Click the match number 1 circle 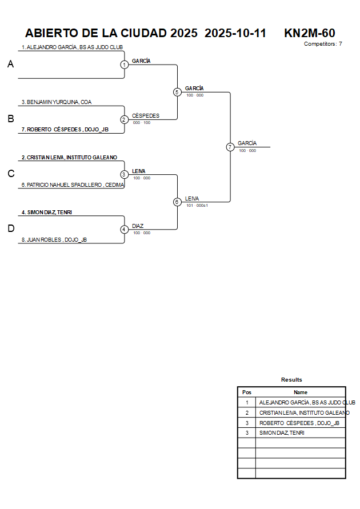click(x=125, y=65)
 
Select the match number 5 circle click(x=177, y=92)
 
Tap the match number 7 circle click(x=230, y=147)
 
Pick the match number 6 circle click(x=177, y=202)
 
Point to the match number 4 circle click(x=125, y=230)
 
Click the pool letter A click(x=10, y=65)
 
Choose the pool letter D click(x=10, y=229)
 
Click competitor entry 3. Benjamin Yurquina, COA click(x=57, y=102)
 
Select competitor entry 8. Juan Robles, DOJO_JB click(x=54, y=240)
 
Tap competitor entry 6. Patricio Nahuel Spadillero click(x=73, y=185)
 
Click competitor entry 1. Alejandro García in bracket click(x=72, y=47)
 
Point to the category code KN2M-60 click(x=309, y=33)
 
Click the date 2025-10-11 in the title click(x=235, y=33)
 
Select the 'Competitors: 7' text click(x=323, y=44)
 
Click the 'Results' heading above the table click(x=291, y=380)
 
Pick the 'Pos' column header click(x=247, y=392)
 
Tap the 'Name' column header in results click(x=301, y=392)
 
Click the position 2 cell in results click(x=247, y=413)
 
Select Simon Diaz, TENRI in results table click(x=282, y=433)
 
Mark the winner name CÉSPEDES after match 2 click(x=146, y=116)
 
